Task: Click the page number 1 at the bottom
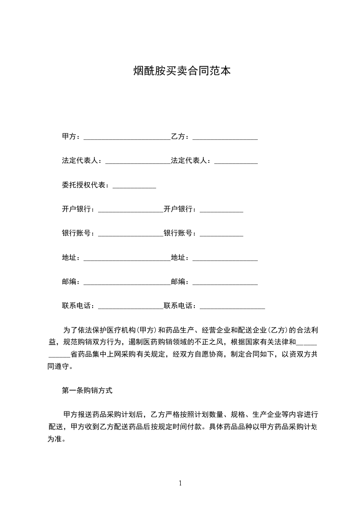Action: click(x=180, y=483)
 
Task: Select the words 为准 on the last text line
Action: click(x=55, y=439)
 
